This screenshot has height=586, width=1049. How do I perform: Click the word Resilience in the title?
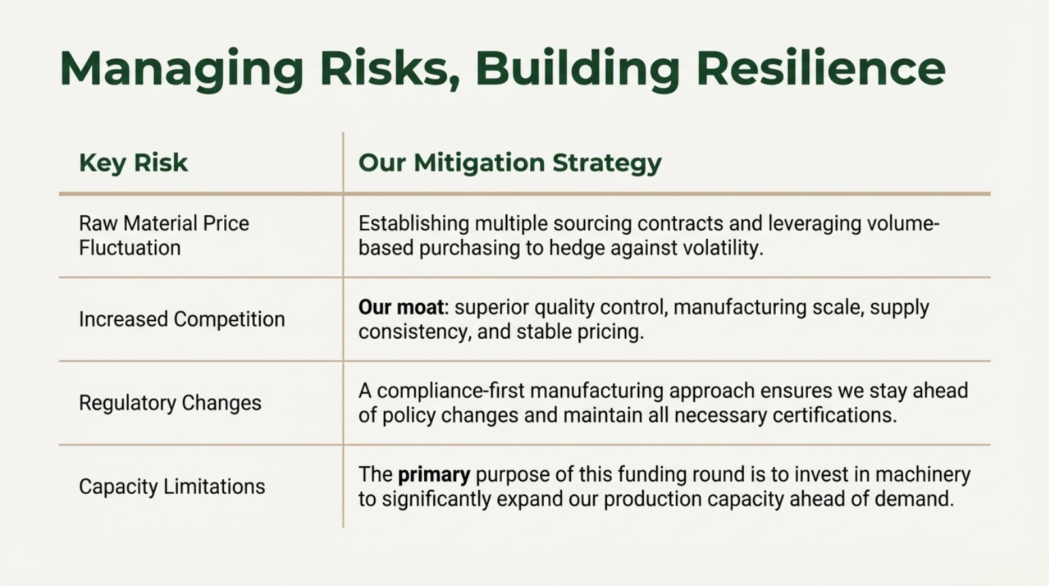click(x=820, y=69)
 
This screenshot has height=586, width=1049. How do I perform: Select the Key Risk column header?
click(x=133, y=163)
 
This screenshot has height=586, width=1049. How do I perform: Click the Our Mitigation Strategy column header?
click(x=510, y=164)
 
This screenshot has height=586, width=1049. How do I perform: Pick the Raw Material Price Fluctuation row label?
click(x=164, y=235)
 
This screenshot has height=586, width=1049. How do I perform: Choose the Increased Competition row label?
click(x=182, y=319)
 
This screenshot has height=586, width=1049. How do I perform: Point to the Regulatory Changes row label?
click(x=170, y=403)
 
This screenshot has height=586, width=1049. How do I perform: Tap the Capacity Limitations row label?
click(x=172, y=487)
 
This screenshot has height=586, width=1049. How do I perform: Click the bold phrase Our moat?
click(x=401, y=307)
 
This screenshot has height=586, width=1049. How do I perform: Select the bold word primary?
click(x=434, y=475)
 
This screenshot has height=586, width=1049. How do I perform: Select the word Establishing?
click(x=414, y=224)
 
